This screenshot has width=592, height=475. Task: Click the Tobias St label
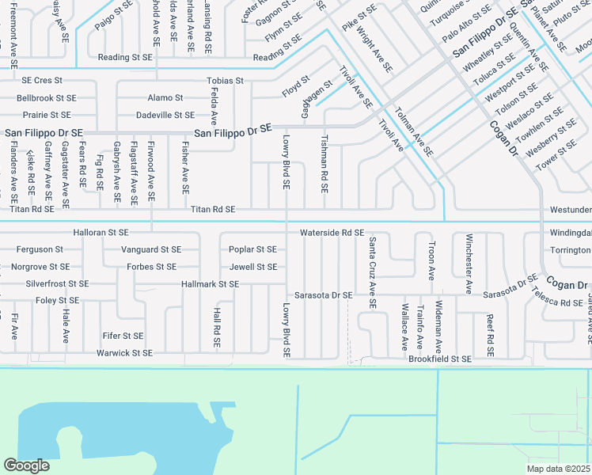click(225, 81)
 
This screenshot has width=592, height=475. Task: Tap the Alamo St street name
click(165, 98)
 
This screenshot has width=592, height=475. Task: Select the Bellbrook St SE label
click(47, 98)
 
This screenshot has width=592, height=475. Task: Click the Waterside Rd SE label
click(332, 233)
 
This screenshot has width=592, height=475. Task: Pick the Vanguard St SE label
click(150, 249)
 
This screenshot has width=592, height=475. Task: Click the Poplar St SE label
click(252, 249)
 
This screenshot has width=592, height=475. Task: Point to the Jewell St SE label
click(252, 267)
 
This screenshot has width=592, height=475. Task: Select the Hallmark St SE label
click(210, 283)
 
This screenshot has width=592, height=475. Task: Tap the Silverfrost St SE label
click(57, 283)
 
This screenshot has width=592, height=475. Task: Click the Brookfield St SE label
click(440, 359)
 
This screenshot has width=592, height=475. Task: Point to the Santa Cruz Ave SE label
click(372, 272)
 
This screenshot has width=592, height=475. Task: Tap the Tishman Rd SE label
click(324, 163)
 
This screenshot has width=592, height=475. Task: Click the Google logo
click(26, 465)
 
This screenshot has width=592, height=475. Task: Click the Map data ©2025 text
click(559, 469)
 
